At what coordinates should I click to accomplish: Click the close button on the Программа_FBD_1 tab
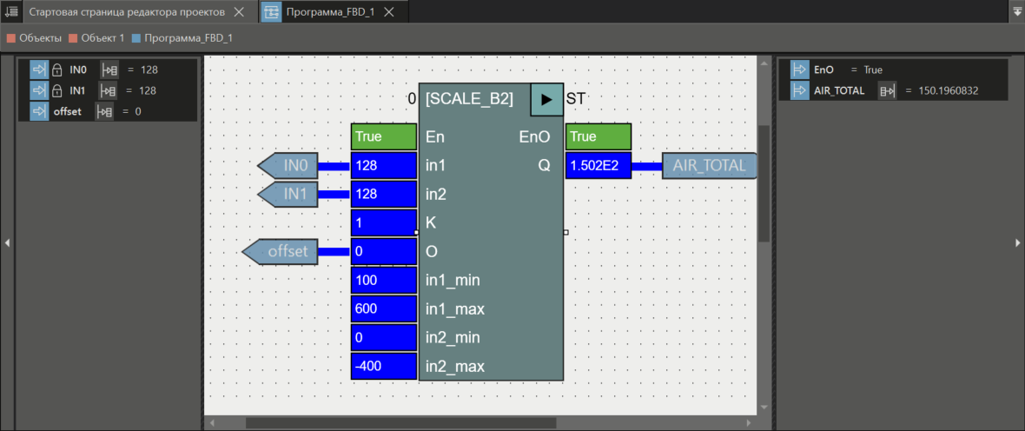coord(389,12)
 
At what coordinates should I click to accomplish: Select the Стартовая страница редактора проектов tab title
coord(127,12)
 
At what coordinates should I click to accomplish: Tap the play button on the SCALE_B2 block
coord(546,99)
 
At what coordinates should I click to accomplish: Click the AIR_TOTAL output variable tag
coord(709,165)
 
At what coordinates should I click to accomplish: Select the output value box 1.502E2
coord(598,165)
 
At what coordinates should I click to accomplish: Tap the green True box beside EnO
coord(598,136)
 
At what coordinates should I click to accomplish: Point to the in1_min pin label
coord(453,280)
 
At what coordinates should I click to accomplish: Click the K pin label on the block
coord(431,222)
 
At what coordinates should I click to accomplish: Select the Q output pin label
coord(544,165)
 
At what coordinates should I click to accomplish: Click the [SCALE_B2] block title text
coord(469,99)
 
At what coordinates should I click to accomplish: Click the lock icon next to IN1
coord(56,90)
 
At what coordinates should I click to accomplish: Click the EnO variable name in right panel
coord(823,70)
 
